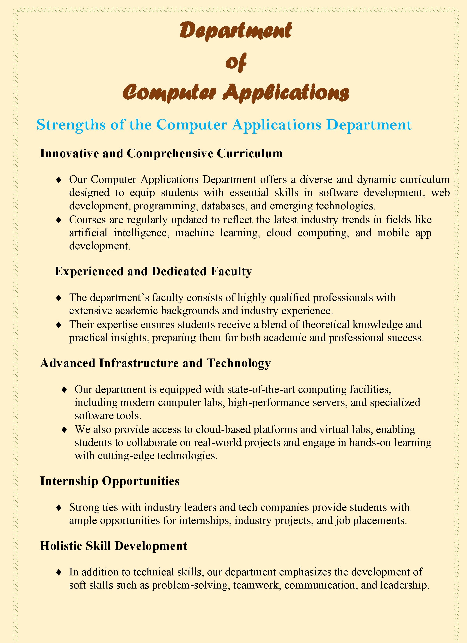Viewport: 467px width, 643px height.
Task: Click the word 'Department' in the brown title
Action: coord(235,31)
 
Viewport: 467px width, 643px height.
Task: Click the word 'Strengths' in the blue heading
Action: coord(71,125)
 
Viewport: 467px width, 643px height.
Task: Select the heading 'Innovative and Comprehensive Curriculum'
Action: coord(161,153)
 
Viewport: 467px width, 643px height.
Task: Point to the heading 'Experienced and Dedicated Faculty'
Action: coord(153,271)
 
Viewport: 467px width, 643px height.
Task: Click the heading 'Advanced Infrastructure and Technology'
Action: coord(155,363)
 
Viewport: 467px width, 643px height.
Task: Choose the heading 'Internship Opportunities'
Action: coord(110,481)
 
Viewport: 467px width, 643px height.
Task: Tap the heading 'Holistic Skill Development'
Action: coord(114,546)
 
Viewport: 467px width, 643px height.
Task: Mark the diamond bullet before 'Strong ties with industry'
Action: coord(59,507)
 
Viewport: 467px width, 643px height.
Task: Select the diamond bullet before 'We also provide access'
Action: coord(64,430)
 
